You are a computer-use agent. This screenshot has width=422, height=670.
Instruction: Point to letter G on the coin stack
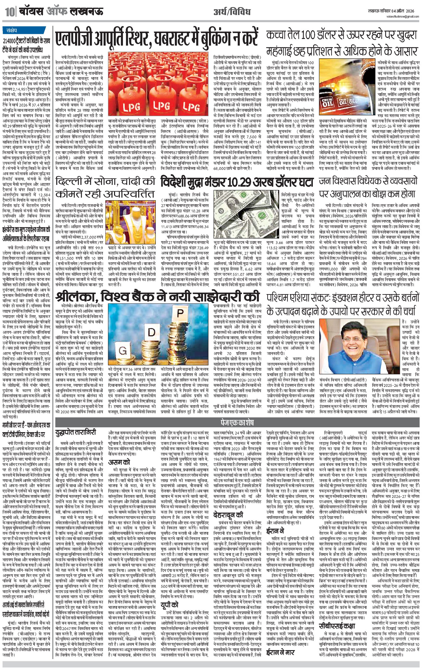pyautogui.click(x=122, y=350)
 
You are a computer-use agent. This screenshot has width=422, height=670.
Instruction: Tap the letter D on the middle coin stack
pyautogui.click(x=151, y=332)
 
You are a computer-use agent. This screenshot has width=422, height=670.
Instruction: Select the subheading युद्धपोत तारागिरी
pyautogui.click(x=76, y=432)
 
